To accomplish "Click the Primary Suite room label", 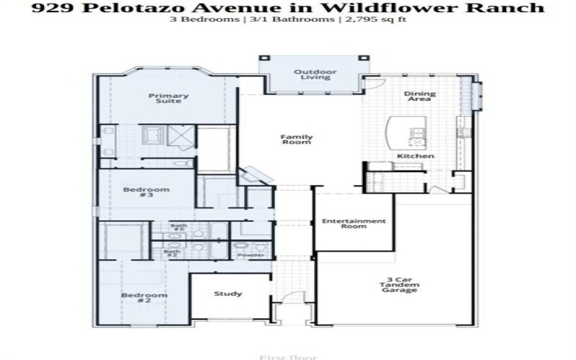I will tap(168, 98).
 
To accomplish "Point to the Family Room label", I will tap(296, 140).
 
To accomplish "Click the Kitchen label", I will tap(415, 156).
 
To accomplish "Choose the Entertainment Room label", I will tap(354, 224).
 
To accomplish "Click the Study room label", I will tap(228, 294).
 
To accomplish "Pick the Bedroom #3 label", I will tap(136, 193).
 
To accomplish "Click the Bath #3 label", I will tap(178, 228).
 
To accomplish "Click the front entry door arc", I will tap(292, 299).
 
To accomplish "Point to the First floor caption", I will tap(287, 356).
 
